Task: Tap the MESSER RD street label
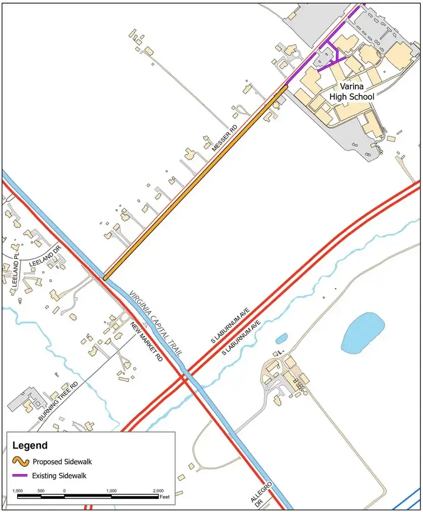(225, 137)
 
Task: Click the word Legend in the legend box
(30, 445)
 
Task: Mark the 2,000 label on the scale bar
(158, 491)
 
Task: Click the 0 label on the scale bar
(64, 491)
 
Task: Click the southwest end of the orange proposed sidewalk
(105, 277)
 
